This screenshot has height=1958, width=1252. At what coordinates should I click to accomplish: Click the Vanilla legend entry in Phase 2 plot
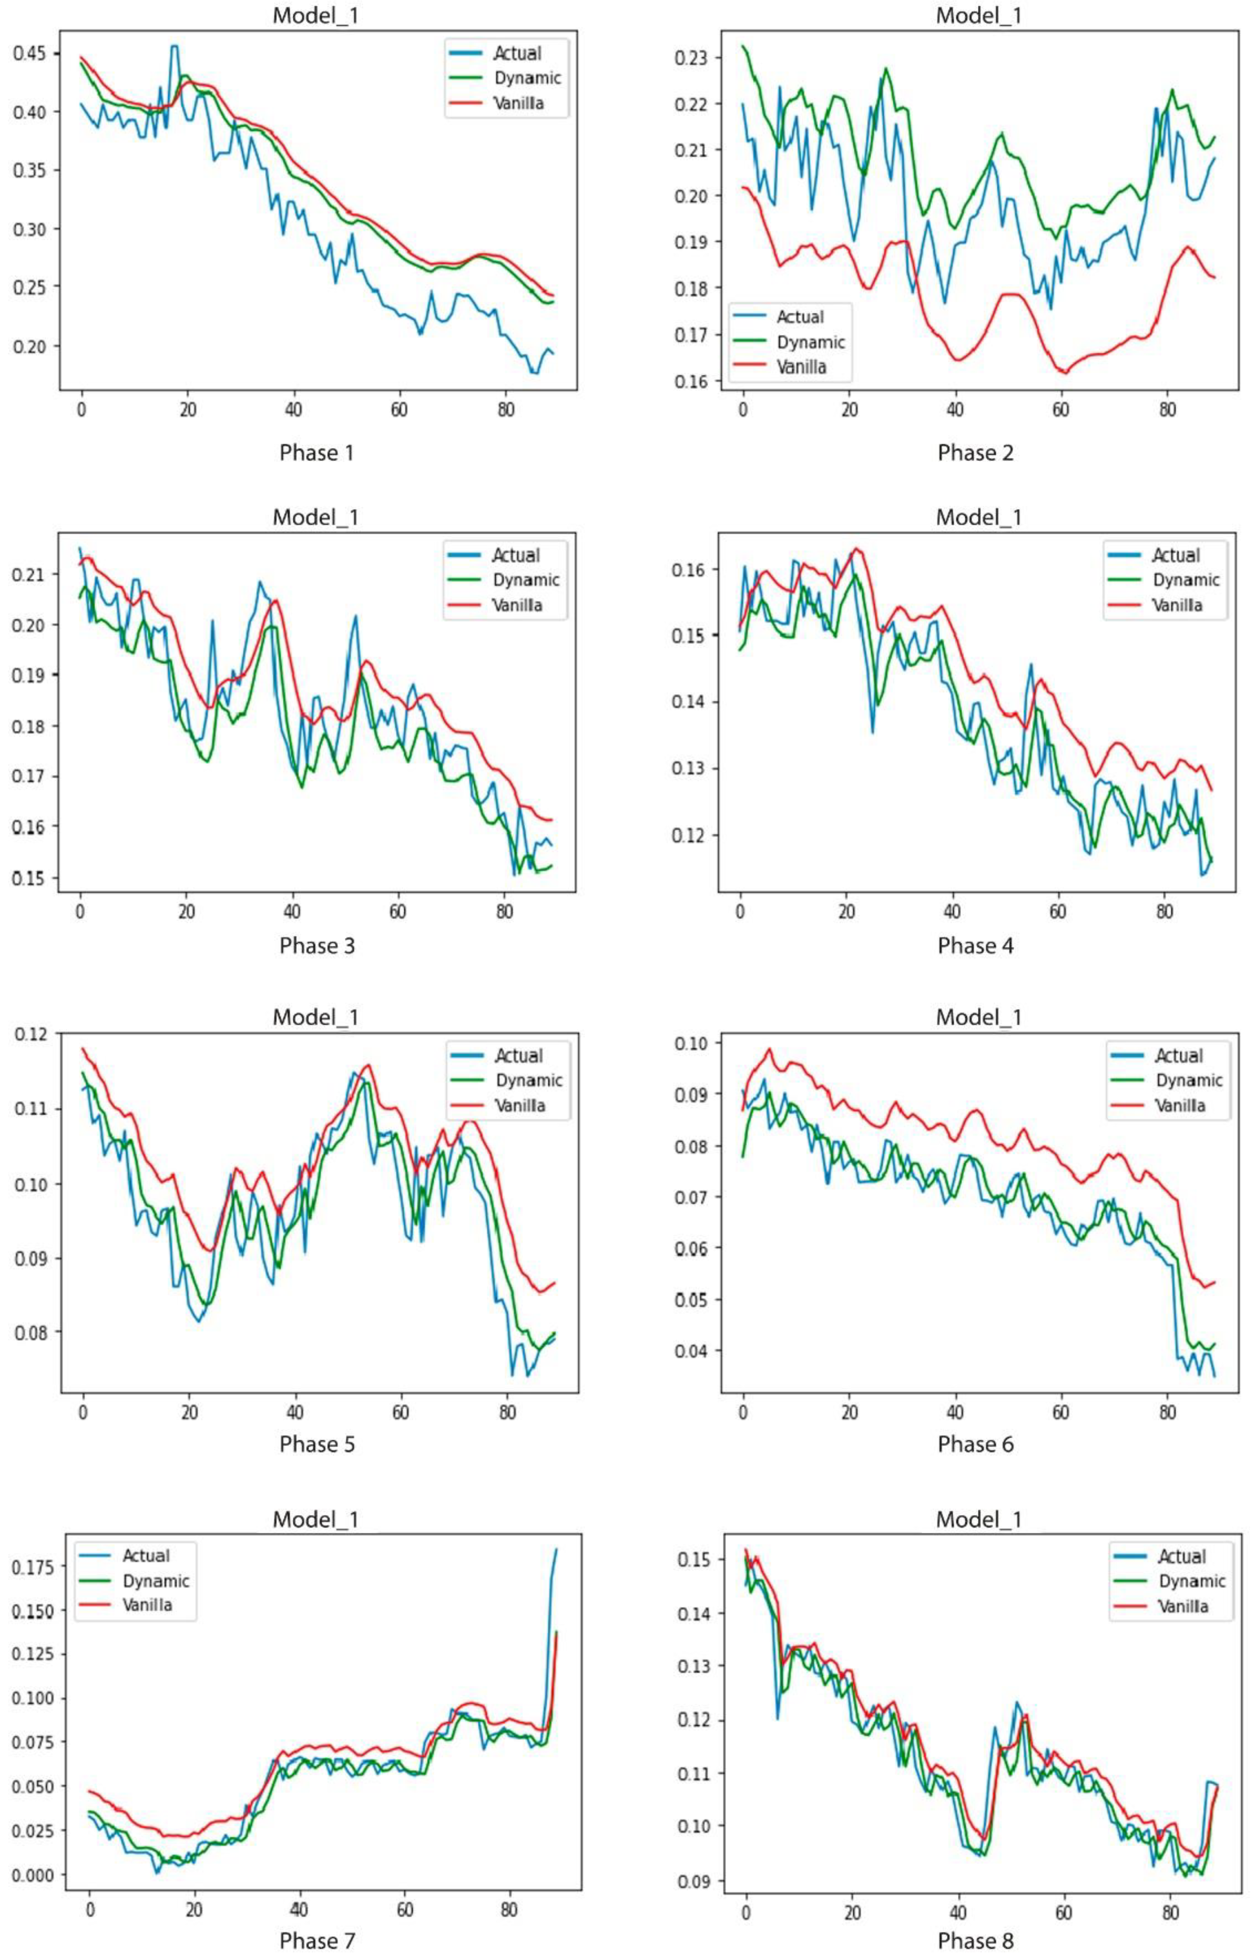801,367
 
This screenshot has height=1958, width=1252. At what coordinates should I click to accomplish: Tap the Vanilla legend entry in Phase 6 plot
1180,1105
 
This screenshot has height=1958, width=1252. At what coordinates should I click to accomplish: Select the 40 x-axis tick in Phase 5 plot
295,1413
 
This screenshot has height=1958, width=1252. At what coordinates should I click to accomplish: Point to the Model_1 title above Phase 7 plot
316,1519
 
